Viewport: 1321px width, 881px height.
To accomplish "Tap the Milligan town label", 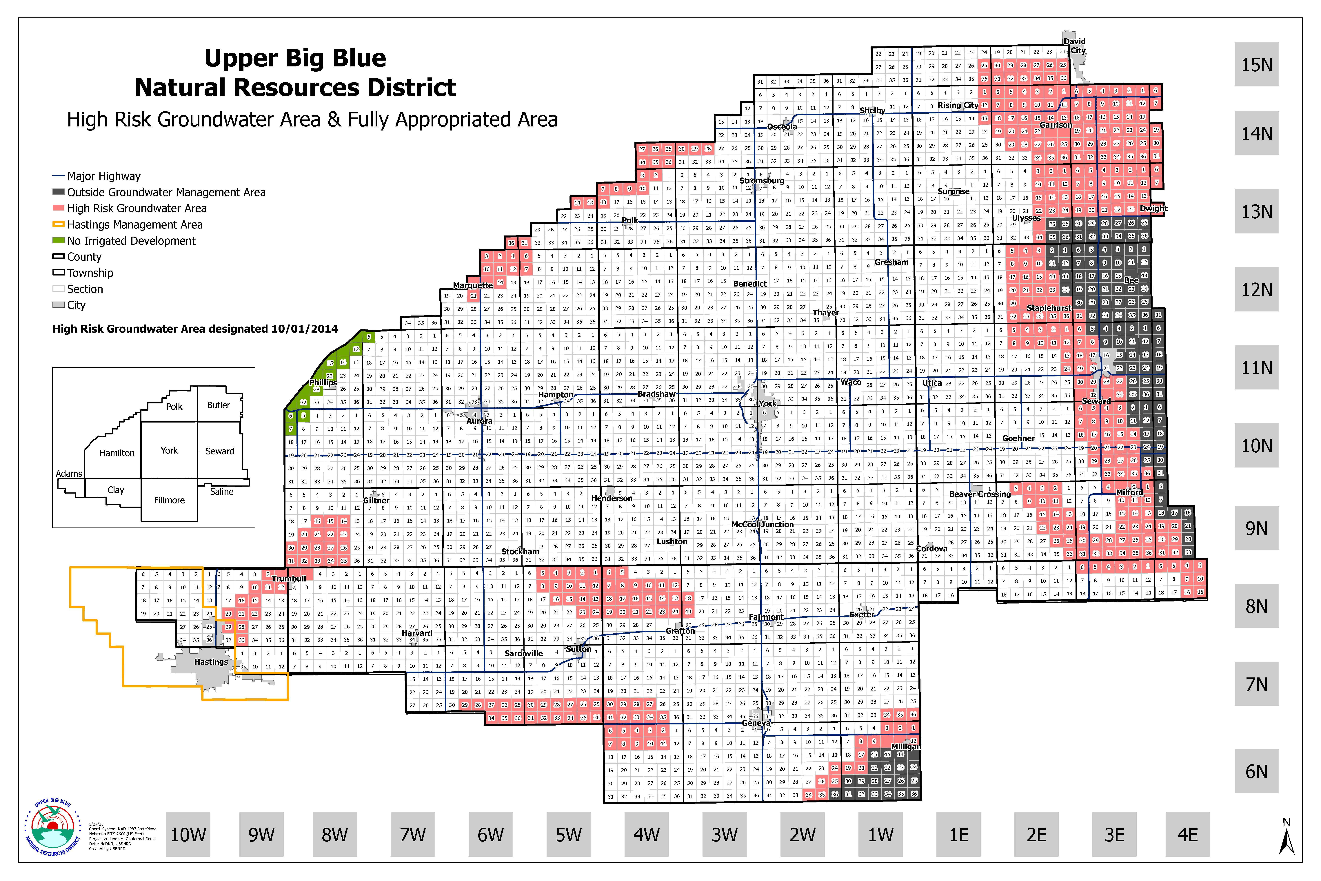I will coord(905,747).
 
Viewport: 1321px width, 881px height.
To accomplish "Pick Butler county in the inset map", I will coord(219,405).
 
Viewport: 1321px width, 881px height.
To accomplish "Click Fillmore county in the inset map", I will coord(169,500).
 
